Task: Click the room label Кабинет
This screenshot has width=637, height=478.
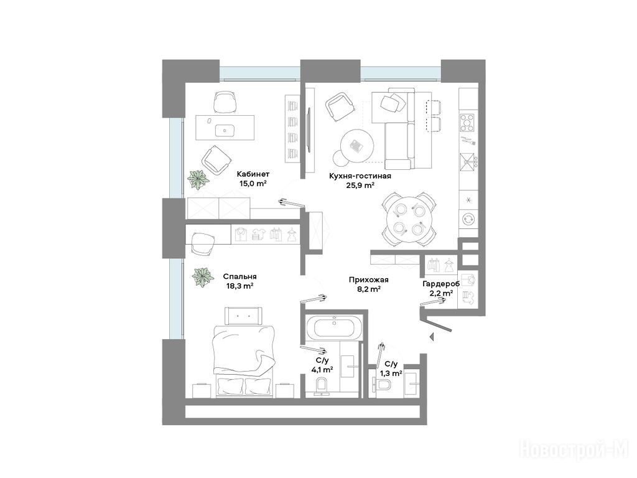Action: click(x=253, y=174)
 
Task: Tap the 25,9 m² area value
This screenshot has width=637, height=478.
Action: click(x=360, y=185)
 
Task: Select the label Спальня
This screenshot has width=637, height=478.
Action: click(x=239, y=276)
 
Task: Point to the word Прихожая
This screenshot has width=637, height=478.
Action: click(x=368, y=279)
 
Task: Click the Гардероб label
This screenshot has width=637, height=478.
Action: click(x=441, y=284)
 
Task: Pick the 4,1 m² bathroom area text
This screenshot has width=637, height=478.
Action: click(x=322, y=370)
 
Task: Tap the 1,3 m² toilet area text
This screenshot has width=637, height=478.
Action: click(x=391, y=373)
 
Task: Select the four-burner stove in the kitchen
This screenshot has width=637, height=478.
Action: click(x=468, y=123)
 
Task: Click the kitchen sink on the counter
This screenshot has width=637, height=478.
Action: click(x=468, y=162)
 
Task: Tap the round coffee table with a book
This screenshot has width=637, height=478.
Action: click(x=358, y=145)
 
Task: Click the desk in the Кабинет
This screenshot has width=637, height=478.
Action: click(x=225, y=127)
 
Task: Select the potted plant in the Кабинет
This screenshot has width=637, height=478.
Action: click(x=198, y=180)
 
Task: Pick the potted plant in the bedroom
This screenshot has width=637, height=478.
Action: click(x=203, y=277)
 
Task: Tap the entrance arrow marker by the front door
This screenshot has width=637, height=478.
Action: click(x=432, y=336)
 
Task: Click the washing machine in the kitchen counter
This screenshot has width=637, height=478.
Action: click(x=468, y=218)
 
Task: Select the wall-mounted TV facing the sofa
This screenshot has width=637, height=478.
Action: click(x=309, y=130)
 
